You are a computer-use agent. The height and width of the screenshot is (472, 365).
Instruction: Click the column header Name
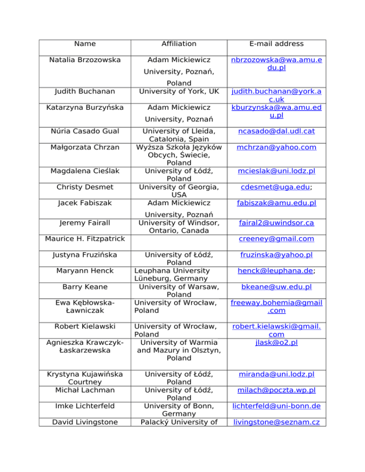[85, 44]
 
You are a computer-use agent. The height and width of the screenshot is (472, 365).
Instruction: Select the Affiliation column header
[179, 44]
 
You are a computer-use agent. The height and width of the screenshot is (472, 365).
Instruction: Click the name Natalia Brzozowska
[85, 60]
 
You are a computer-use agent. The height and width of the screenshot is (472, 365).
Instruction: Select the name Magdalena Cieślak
[85, 170]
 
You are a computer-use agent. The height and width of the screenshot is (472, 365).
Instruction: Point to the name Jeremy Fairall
[85, 223]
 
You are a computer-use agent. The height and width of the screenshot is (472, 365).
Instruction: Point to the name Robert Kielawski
[85, 327]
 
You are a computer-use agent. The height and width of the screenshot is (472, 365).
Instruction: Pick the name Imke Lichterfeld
[85, 406]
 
